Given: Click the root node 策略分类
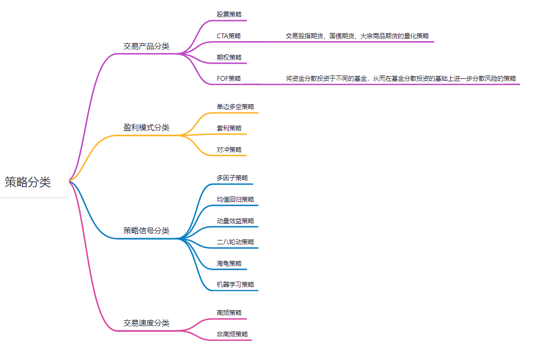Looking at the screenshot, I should click(28, 182).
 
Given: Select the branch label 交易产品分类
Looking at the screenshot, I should click(146, 46).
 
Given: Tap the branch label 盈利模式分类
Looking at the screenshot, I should click(146, 128).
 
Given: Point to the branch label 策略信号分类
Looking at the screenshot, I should click(146, 231).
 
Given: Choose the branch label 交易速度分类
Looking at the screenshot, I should click(146, 323).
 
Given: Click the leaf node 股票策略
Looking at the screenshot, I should click(229, 14).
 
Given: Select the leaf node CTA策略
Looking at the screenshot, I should click(229, 36).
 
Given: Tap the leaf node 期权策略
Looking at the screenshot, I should click(229, 57).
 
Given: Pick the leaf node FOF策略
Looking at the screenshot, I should click(229, 78).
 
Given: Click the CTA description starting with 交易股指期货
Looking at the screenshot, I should click(357, 36).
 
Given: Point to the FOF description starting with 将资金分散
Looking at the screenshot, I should click(401, 78).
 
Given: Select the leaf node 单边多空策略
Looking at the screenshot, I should click(235, 107).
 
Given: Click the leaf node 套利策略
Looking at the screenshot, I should click(229, 128).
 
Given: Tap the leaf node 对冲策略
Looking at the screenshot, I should click(229, 150).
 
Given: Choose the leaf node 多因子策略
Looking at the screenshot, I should click(232, 178).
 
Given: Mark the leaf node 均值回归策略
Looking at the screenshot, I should click(235, 199).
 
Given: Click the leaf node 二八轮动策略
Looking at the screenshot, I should click(235, 242).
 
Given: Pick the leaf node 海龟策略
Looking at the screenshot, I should click(229, 263).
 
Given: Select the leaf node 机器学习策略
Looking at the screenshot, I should click(235, 284).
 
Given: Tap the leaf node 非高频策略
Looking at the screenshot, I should click(232, 334).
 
